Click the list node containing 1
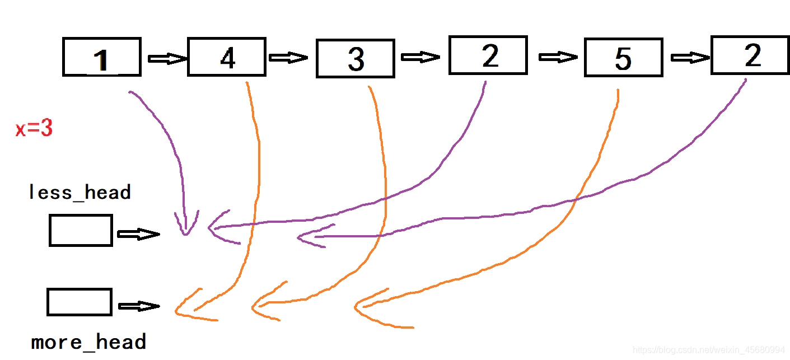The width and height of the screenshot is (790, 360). [101, 57]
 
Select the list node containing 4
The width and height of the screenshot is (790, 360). [227, 57]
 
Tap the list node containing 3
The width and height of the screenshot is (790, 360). [356, 58]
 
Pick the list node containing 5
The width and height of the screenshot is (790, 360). [623, 58]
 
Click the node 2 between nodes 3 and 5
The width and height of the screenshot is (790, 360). [488, 55]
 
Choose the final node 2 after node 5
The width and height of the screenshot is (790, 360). [750, 55]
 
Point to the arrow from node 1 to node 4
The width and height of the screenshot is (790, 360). [166, 58]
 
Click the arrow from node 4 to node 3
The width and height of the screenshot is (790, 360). [288, 58]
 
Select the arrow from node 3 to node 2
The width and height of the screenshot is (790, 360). [421, 57]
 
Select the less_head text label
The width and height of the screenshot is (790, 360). [80, 193]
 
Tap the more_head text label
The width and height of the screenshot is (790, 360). [89, 342]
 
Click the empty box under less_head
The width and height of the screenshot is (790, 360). [81, 230]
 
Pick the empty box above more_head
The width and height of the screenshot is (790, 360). [80, 302]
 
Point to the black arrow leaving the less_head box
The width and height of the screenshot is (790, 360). [138, 235]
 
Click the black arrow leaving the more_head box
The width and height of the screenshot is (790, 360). [139, 306]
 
